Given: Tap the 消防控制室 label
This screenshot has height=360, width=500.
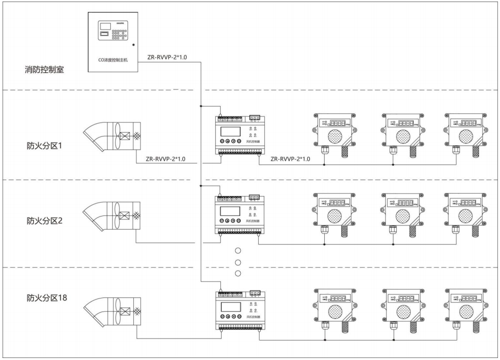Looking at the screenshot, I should click(x=44, y=69).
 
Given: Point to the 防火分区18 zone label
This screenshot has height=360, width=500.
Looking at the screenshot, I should click(x=47, y=298).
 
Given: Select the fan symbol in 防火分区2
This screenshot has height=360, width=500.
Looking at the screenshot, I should click(x=112, y=216).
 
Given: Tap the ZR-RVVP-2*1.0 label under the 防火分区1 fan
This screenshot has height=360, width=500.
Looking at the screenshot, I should click(x=165, y=159).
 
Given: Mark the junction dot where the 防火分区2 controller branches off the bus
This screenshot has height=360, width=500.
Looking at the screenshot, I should click(x=200, y=185).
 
